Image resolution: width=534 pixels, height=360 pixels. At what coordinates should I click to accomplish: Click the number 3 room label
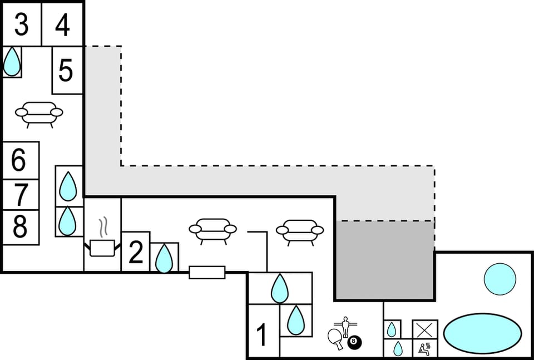[21, 25]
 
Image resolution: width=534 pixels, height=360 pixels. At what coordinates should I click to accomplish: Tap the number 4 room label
[63, 25]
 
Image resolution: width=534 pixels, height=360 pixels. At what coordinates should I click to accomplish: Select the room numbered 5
[66, 71]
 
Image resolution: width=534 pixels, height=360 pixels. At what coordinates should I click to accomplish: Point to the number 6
[19, 161]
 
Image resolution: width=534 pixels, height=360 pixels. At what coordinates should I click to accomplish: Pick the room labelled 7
[21, 195]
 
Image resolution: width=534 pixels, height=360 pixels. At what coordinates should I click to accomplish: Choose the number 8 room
[20, 227]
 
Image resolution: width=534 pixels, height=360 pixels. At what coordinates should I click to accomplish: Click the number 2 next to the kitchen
[136, 252]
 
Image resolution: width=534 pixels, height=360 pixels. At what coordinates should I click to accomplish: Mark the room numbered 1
[262, 336]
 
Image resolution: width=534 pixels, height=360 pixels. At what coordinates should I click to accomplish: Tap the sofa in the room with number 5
[39, 114]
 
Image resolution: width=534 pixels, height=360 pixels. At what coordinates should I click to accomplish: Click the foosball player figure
[345, 324]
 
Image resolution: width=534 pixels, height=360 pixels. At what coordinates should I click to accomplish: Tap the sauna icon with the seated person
[424, 348]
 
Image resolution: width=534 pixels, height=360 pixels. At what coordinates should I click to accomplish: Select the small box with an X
[424, 329]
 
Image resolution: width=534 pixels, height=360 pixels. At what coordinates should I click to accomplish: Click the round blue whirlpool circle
[500, 278]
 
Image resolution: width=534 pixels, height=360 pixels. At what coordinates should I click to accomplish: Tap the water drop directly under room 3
[12, 62]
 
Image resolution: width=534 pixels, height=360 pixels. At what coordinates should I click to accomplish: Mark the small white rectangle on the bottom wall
[207, 272]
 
